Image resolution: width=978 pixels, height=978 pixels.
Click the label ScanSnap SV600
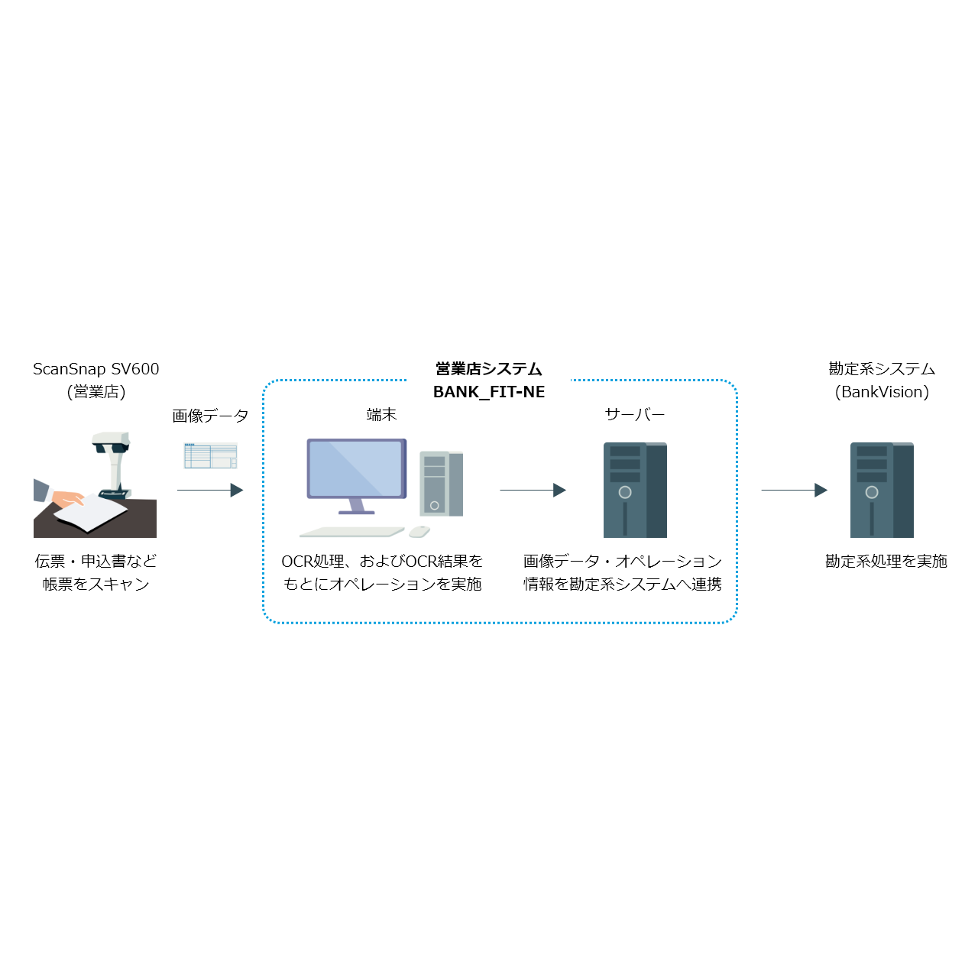[96, 369]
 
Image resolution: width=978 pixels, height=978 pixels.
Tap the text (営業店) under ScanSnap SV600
[96, 392]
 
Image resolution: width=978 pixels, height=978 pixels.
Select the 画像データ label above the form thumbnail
[210, 416]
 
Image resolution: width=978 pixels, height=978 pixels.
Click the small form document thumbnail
[210, 455]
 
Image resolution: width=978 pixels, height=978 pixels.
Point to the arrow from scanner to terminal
[209, 490]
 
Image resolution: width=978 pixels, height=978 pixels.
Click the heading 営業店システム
[489, 369]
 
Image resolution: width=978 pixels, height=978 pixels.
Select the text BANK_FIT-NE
[489, 392]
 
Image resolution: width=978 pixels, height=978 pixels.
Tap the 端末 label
[381, 415]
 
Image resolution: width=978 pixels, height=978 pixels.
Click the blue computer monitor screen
[356, 468]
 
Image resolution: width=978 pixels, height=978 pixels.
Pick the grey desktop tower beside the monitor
[441, 484]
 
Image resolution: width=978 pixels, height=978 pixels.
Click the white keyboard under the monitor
[351, 532]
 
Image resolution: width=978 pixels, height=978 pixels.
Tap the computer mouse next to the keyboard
[419, 531]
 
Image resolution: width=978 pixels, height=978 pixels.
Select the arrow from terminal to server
[533, 490]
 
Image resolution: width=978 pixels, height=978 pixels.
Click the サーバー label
[634, 415]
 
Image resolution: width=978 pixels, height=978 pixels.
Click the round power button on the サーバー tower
[625, 493]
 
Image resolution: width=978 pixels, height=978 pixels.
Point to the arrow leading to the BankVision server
[794, 490]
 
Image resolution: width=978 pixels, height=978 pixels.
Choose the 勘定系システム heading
[882, 369]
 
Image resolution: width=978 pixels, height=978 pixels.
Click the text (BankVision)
[882, 392]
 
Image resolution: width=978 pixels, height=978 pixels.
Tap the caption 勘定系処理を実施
[886, 562]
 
